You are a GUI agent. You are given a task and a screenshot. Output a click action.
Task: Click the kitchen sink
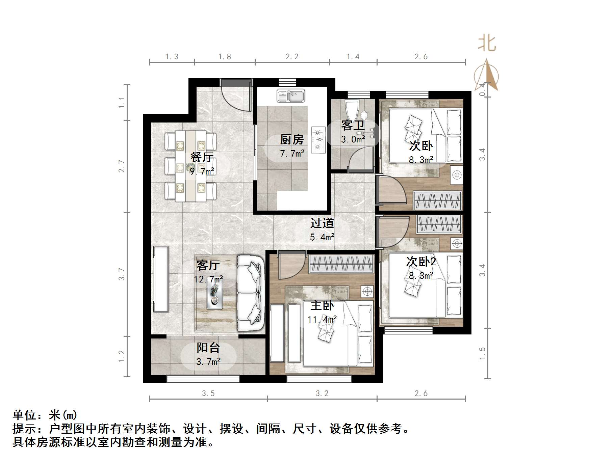pyautogui.click(x=291, y=96)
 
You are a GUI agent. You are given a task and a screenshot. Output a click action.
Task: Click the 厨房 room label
pyautogui.click(x=292, y=139)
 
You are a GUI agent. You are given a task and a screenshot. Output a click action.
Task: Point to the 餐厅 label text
pyautogui.click(x=202, y=157)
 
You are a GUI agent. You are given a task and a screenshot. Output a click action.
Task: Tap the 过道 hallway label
pyautogui.click(x=322, y=223)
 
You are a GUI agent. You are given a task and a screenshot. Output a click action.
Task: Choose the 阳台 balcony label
pyautogui.click(x=208, y=348)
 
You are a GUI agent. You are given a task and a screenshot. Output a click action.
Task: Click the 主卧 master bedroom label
pyautogui.click(x=322, y=306)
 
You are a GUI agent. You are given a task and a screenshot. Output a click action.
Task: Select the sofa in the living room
pyautogui.click(x=250, y=293)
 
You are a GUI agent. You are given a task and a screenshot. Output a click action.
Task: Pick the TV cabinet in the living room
pyautogui.click(x=161, y=279)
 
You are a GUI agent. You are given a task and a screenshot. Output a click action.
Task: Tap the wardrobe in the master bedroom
pyautogui.click(x=341, y=263)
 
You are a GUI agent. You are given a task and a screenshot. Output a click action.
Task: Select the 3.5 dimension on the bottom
pyautogui.click(x=208, y=393)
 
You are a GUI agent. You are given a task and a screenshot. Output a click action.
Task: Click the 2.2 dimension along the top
pyautogui.click(x=292, y=57)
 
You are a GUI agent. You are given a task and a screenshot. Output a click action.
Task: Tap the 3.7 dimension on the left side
pyautogui.click(x=122, y=274)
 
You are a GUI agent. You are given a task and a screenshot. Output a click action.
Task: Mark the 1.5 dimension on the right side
pyautogui.click(x=482, y=353)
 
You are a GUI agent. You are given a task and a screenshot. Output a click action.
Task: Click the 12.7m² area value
pyautogui.click(x=208, y=279)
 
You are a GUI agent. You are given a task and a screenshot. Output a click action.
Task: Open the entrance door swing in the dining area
pyautogui.click(x=236, y=96)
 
